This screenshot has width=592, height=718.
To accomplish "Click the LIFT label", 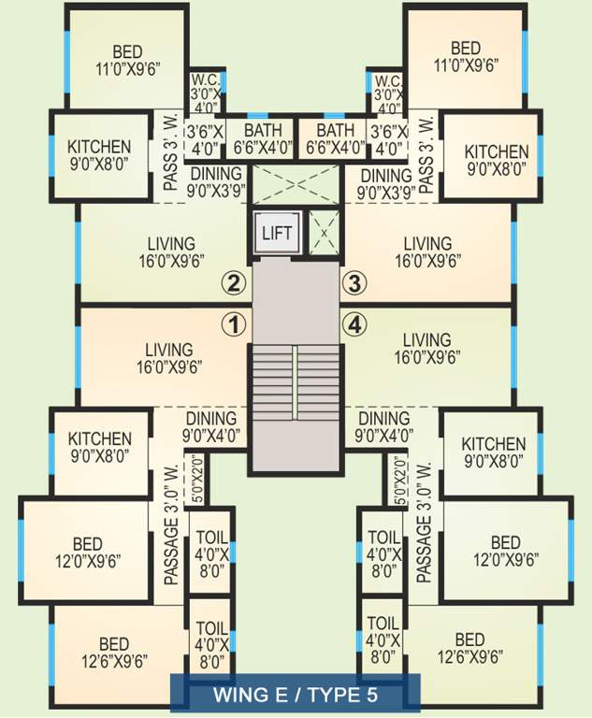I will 275,232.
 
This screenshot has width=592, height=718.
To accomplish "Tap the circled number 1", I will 233,324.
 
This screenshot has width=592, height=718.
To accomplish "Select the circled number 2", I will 233,282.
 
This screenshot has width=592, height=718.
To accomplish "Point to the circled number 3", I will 352,282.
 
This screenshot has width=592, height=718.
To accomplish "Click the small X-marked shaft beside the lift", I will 324,231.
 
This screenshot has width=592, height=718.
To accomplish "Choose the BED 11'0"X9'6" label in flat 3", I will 465,56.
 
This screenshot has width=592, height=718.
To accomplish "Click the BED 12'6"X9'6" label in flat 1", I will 113,653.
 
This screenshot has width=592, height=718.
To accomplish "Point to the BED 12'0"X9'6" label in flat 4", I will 505,552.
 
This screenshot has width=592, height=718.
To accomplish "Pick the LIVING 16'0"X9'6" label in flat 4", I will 425,348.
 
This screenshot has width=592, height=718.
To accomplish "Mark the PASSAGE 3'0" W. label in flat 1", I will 171,524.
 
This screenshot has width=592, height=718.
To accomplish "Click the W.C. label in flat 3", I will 387,88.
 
